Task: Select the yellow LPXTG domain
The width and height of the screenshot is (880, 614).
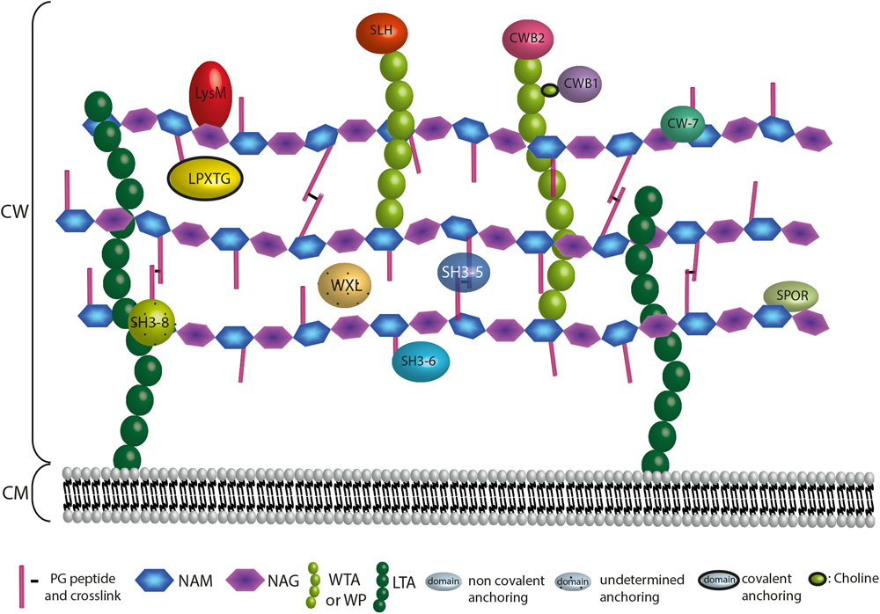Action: point(204,176)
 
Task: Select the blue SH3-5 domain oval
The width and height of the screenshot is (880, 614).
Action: point(464,274)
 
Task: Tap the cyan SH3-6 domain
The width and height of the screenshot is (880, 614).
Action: point(419,361)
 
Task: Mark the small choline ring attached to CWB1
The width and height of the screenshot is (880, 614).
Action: point(549,89)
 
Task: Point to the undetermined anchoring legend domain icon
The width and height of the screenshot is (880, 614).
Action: point(573,580)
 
